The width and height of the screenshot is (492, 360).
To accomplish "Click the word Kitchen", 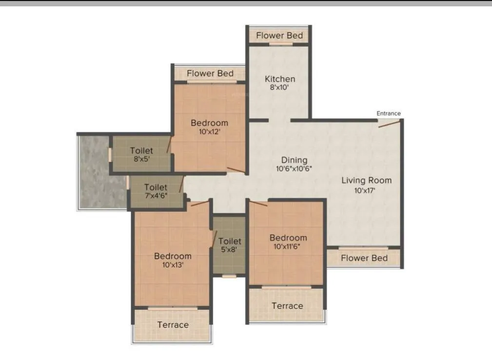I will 280,79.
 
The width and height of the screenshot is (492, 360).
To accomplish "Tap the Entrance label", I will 388,114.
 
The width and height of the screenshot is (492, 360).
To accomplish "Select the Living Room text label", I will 366,181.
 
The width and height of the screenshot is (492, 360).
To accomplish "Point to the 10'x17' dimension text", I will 366,190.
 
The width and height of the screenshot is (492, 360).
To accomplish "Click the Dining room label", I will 294,160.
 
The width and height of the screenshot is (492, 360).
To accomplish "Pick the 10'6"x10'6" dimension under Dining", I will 294,169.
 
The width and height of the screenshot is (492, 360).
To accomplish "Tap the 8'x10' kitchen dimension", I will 280,88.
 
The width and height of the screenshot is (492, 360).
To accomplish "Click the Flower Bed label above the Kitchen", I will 279,36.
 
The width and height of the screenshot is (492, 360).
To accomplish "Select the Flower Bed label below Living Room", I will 364,258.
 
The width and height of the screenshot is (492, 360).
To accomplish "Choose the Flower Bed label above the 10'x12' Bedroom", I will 210,74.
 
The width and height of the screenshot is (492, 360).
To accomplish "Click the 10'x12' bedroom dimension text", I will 209,132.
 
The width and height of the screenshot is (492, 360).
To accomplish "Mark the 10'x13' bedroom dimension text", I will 173,265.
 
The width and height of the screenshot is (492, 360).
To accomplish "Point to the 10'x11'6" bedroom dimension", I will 288,246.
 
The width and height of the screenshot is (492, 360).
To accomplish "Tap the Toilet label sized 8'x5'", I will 141,152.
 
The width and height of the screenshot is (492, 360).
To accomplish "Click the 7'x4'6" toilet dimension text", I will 156,196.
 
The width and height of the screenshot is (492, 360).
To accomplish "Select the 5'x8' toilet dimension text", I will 230,250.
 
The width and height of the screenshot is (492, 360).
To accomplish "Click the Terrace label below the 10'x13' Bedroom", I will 173,325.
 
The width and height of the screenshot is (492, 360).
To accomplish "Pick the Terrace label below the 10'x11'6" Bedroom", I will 287,306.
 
